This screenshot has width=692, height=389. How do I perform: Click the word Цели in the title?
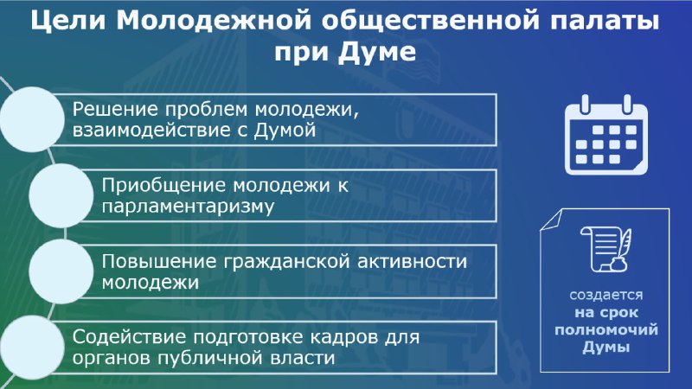click(x=68, y=21)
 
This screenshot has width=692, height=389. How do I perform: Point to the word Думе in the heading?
click(x=377, y=52)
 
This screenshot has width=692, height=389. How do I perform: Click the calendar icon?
click(x=606, y=136)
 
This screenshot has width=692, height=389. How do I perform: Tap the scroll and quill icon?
click(x=605, y=250)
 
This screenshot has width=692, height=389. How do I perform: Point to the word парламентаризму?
click(x=188, y=207)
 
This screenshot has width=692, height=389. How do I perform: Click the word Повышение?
click(x=159, y=262)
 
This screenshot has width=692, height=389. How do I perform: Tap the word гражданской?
click(x=287, y=262)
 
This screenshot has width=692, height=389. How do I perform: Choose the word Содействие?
click(x=130, y=337)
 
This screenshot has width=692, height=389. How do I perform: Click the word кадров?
click(x=343, y=337)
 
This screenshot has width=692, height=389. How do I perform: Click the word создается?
click(x=605, y=295)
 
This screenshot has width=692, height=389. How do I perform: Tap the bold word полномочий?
click(x=606, y=330)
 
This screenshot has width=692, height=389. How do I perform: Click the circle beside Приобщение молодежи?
click(x=61, y=196)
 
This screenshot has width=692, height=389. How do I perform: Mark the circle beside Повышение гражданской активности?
click(x=61, y=271)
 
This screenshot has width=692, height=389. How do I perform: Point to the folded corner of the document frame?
click(x=551, y=220)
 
